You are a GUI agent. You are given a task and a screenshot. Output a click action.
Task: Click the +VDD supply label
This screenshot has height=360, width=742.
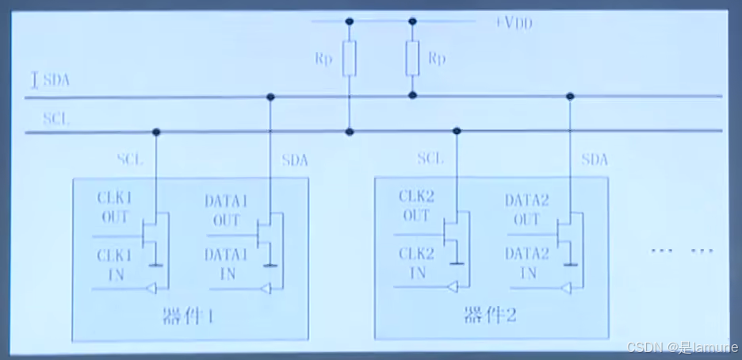(514, 23)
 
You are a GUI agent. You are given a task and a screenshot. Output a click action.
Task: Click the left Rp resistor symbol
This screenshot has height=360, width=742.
(350, 59)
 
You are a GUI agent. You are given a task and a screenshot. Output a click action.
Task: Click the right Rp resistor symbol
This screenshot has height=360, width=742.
(412, 59)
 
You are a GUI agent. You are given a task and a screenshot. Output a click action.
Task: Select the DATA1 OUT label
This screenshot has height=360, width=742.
(226, 210)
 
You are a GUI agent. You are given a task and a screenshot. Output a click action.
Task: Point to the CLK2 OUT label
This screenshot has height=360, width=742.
(415, 207)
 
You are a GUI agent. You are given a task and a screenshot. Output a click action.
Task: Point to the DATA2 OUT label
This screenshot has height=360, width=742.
(526, 209)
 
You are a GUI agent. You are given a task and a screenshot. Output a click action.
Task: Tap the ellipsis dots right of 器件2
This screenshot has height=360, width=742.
(682, 251)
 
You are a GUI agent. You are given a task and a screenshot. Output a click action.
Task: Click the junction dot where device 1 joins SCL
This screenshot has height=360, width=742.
(156, 132)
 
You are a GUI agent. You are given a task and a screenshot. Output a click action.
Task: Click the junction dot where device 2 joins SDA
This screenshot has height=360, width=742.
(569, 97)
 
